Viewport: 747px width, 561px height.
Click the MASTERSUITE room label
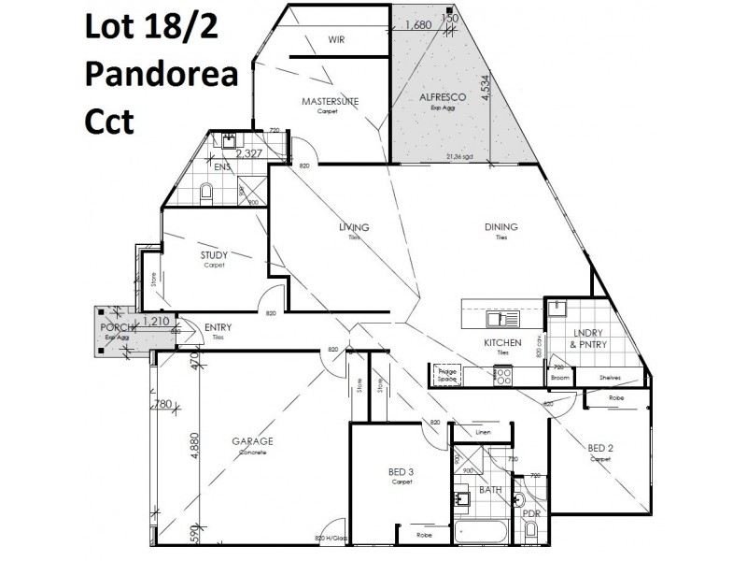pos(330,101)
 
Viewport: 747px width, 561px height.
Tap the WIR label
pos(337,39)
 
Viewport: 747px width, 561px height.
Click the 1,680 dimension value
pos(417,25)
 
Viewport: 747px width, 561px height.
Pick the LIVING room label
pos(354,227)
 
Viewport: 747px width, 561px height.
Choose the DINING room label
pos(501,227)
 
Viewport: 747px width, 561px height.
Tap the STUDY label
pos(216,254)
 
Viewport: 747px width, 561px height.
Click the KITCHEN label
pos(501,343)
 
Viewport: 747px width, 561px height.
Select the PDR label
pos(530,512)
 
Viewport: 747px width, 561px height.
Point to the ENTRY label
pos(217,327)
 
